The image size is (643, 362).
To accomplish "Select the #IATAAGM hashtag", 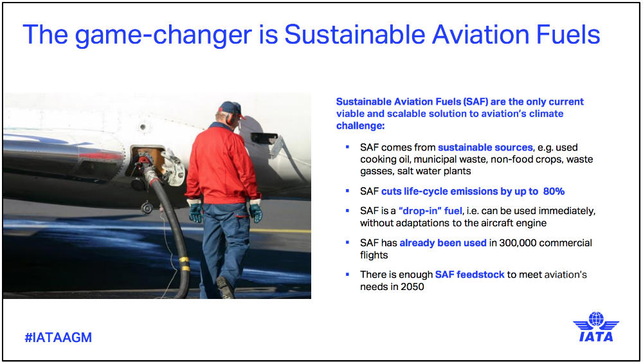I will [x=58, y=338].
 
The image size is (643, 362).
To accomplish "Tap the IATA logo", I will [x=595, y=327].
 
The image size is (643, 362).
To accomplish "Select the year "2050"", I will [x=411, y=287].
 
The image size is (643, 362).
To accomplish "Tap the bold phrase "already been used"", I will [x=440, y=243].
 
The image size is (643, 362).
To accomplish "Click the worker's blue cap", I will [x=230, y=108].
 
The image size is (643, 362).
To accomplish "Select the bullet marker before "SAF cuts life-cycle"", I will [x=347, y=192].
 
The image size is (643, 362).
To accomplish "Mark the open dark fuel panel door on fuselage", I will [x=264, y=138].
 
